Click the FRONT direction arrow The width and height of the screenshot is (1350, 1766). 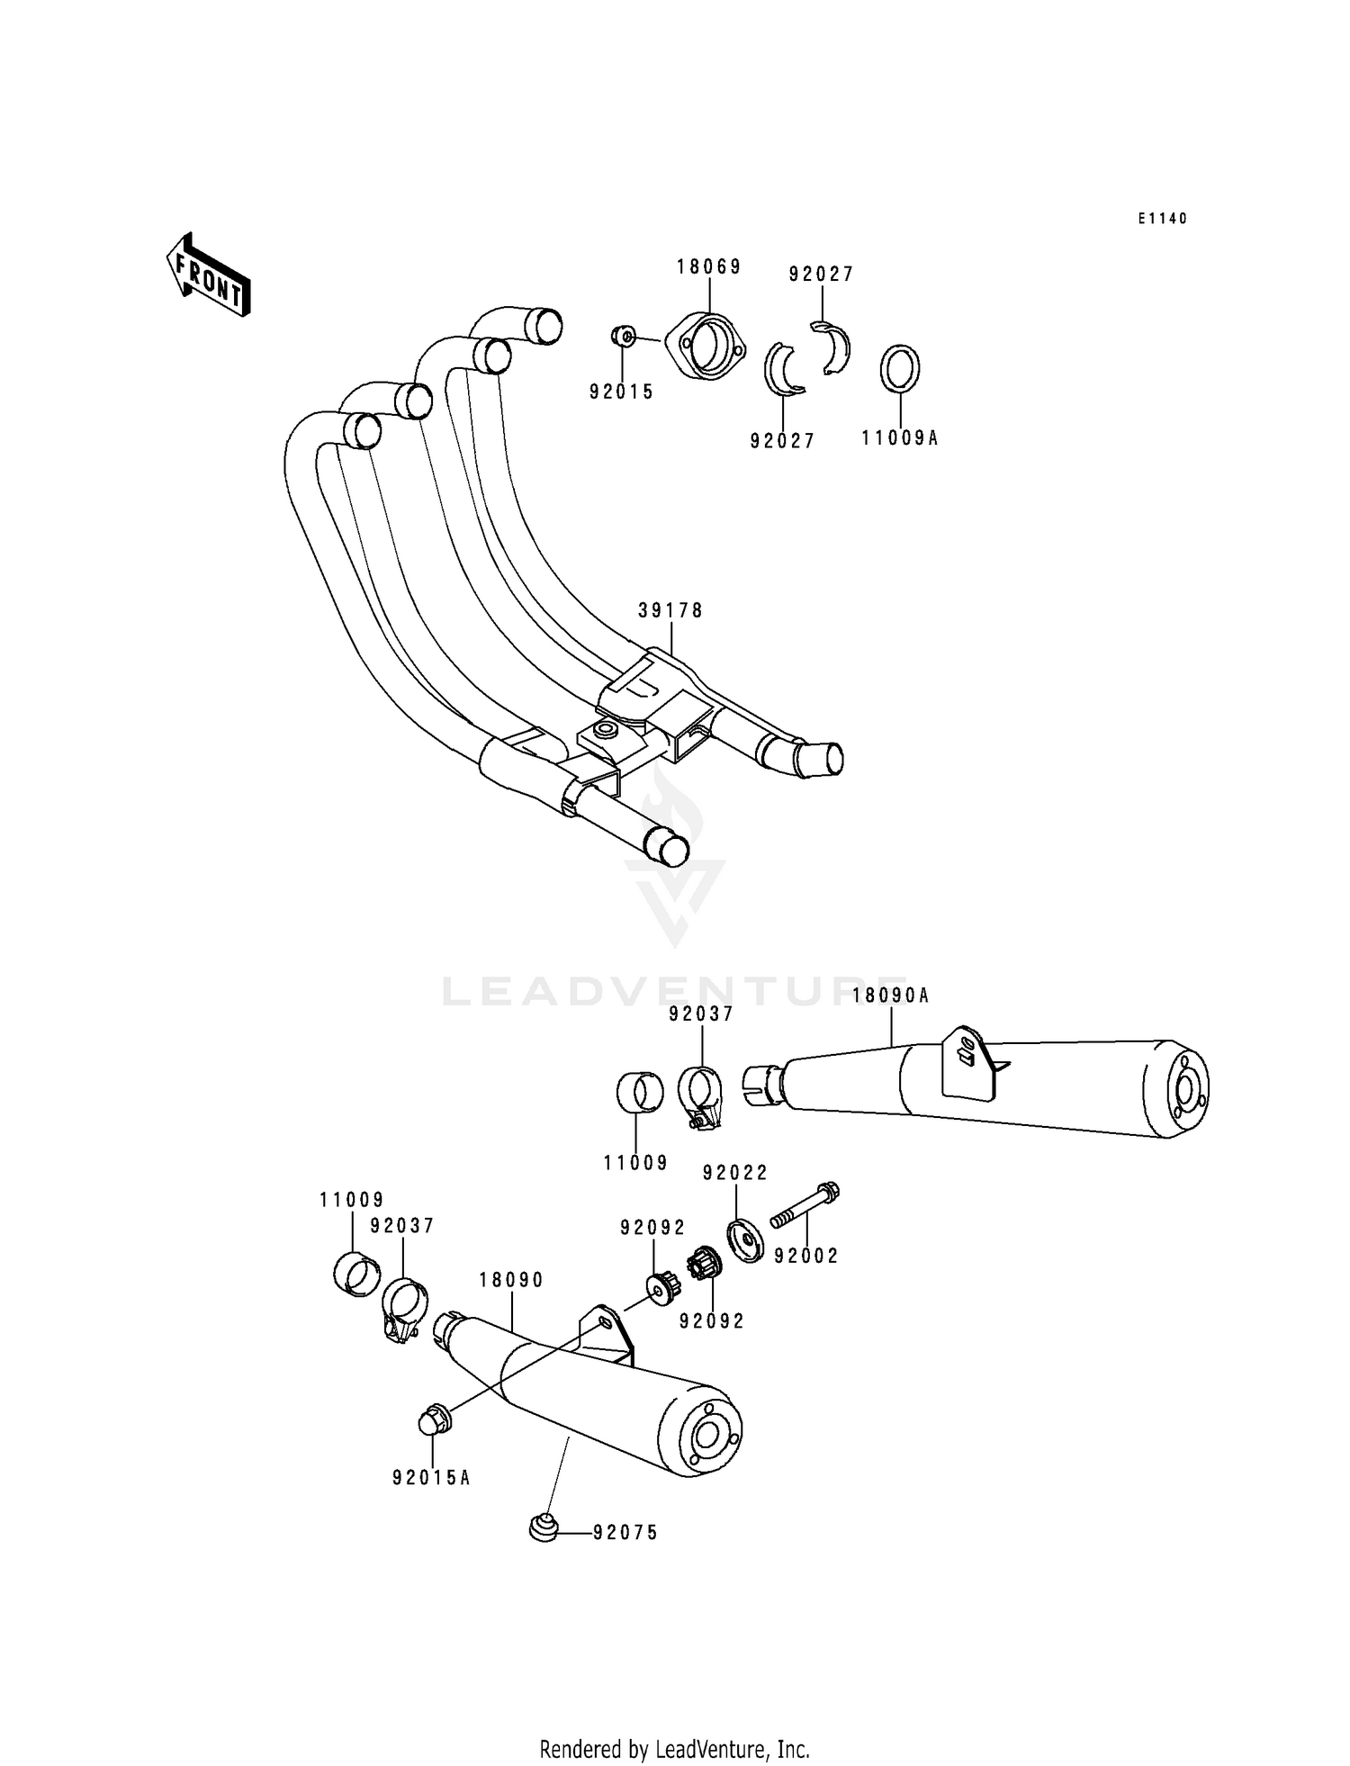[x=208, y=275]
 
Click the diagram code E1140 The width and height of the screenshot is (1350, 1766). [x=1162, y=219]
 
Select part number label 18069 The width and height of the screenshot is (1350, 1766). [x=709, y=266]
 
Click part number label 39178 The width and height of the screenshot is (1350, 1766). [x=670, y=610]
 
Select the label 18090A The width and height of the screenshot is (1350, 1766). [x=890, y=995]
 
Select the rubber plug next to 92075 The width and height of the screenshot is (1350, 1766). [x=542, y=1527]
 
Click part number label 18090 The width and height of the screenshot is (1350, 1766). [x=511, y=1280]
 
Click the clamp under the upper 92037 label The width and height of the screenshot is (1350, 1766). [x=702, y=1095]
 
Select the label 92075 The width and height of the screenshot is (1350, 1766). [x=625, y=1532]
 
